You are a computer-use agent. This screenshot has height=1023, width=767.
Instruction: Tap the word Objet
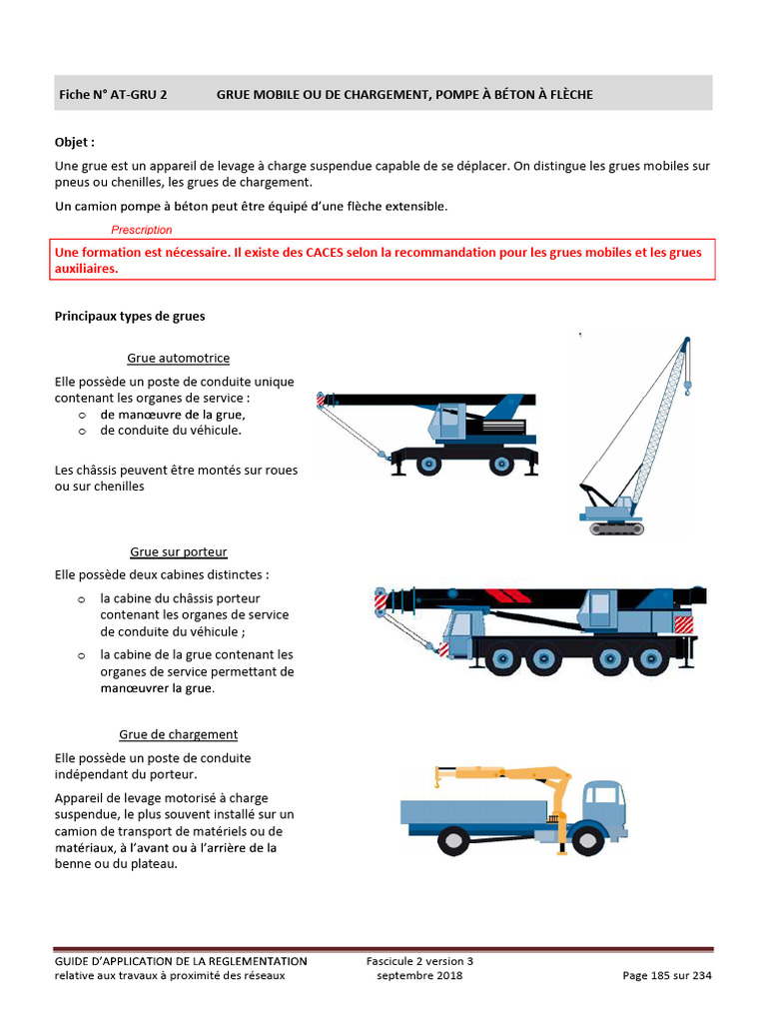[75, 143]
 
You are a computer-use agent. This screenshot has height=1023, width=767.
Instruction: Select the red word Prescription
[142, 230]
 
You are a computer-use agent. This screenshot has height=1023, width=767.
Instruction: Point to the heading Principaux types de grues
[129, 317]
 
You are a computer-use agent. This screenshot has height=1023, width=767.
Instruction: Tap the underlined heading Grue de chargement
[178, 734]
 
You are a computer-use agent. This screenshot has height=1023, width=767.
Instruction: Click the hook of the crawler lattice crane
[688, 383]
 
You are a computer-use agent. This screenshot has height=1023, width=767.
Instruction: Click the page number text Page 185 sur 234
[667, 976]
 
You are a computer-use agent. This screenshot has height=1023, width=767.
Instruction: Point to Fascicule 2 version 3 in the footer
[419, 961]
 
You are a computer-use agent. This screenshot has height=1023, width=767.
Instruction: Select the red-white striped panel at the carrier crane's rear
[684, 624]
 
